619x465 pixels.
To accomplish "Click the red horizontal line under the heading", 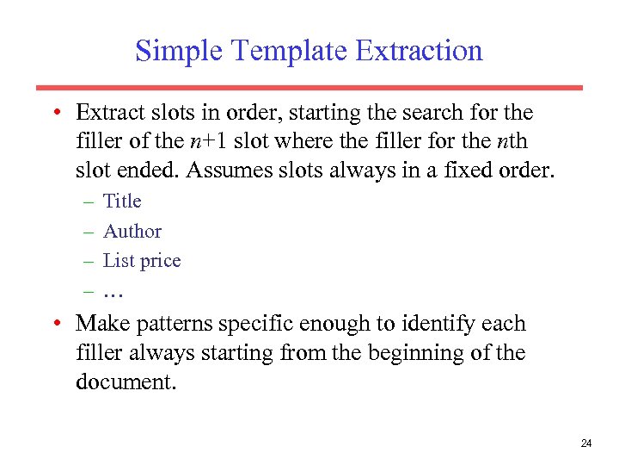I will pyautogui.click(x=309, y=87).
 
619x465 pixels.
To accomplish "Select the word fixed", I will pyautogui.click(x=468, y=170).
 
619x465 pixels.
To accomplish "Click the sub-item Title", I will pyautogui.click(x=122, y=201).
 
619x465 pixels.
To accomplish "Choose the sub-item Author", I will pyautogui.click(x=132, y=231).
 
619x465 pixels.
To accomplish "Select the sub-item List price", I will pyautogui.click(x=142, y=260).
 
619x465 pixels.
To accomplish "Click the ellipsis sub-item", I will pyautogui.click(x=114, y=292).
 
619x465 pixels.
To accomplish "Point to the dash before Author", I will pyautogui.click(x=90, y=231).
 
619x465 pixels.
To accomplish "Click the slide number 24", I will pyautogui.click(x=586, y=443).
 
